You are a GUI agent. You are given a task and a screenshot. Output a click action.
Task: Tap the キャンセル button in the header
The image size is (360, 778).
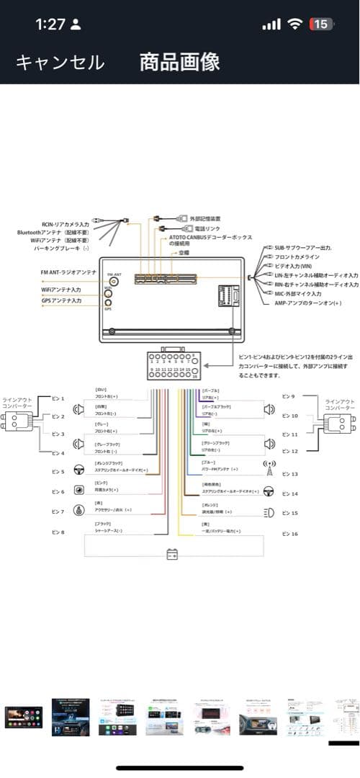point(60,62)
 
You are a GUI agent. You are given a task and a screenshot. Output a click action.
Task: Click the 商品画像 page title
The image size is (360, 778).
point(180,62)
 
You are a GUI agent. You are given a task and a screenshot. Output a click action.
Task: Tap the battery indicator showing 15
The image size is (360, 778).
point(320,24)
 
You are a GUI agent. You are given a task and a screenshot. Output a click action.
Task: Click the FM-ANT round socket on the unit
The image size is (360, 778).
point(114,282)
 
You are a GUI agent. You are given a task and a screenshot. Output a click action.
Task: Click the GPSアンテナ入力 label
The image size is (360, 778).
point(60,299)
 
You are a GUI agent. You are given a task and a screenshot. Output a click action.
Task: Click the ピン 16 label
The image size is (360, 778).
point(289,534)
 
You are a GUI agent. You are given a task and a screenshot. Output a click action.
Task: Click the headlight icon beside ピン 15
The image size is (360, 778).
point(269,512)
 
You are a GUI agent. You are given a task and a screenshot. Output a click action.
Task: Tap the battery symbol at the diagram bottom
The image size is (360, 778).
point(172,555)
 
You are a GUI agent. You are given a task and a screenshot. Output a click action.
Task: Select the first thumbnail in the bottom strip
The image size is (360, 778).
point(23,716)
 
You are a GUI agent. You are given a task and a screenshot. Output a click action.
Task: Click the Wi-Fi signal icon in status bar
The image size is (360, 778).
point(294,24)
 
